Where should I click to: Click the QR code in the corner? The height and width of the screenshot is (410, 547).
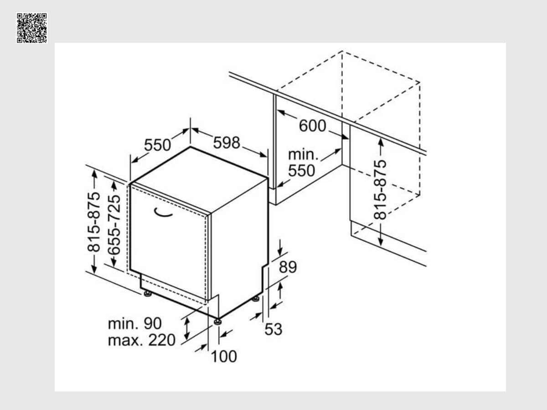pyautogui.click(x=31, y=28)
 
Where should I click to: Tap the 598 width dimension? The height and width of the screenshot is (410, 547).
pyautogui.click(x=227, y=143)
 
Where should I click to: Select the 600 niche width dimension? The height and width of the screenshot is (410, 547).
pyautogui.click(x=312, y=126)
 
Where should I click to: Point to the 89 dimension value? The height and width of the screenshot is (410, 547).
pyautogui.click(x=288, y=267)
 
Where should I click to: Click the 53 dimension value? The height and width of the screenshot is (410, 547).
pyautogui.click(x=273, y=329)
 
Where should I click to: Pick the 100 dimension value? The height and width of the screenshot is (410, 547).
pyautogui.click(x=224, y=357)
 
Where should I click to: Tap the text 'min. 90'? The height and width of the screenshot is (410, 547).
pyautogui.click(x=135, y=323)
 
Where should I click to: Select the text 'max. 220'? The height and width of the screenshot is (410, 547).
pyautogui.click(x=142, y=340)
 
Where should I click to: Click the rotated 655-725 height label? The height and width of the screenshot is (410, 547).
pyautogui.click(x=114, y=225)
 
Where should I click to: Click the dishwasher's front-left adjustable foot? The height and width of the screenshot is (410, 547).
pyautogui.click(x=148, y=294)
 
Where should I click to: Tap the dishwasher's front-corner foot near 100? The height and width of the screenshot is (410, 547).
pyautogui.click(x=217, y=322)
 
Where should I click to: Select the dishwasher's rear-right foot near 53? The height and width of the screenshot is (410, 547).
pyautogui.click(x=256, y=299)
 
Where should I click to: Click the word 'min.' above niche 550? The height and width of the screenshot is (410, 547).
pyautogui.click(x=303, y=154)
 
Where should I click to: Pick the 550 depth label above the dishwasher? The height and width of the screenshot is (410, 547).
pyautogui.click(x=158, y=145)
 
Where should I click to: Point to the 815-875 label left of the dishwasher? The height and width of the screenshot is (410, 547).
pyautogui.click(x=94, y=222)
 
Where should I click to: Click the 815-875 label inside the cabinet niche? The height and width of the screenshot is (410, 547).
pyautogui.click(x=380, y=190)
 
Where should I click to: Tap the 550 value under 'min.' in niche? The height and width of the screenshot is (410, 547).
pyautogui.click(x=302, y=171)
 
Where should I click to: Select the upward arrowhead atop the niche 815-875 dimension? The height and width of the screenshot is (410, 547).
pyautogui.click(x=381, y=143)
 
